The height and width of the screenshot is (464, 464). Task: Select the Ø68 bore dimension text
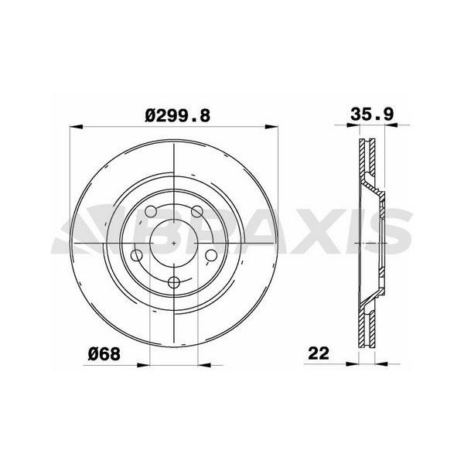(x=102, y=353)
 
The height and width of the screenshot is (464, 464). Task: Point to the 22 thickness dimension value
(x=318, y=353)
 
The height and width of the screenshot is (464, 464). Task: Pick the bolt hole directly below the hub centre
(x=176, y=282)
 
